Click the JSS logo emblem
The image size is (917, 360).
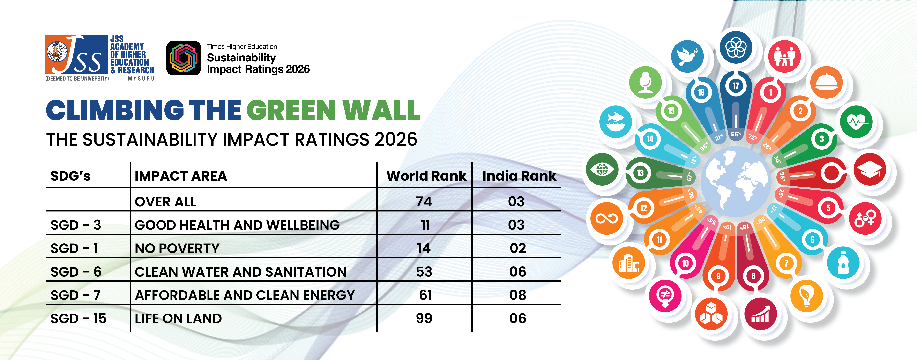[x=76, y=54]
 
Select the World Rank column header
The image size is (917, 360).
[x=426, y=176]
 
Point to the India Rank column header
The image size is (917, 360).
[x=519, y=176]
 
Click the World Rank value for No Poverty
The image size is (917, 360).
[x=424, y=248]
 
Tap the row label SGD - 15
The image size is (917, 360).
[x=78, y=318]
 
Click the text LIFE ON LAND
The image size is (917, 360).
[x=178, y=318]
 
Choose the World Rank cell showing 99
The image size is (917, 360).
[x=424, y=318]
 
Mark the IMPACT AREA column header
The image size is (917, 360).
[x=181, y=176]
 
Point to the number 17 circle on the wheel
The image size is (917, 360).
[x=735, y=86]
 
